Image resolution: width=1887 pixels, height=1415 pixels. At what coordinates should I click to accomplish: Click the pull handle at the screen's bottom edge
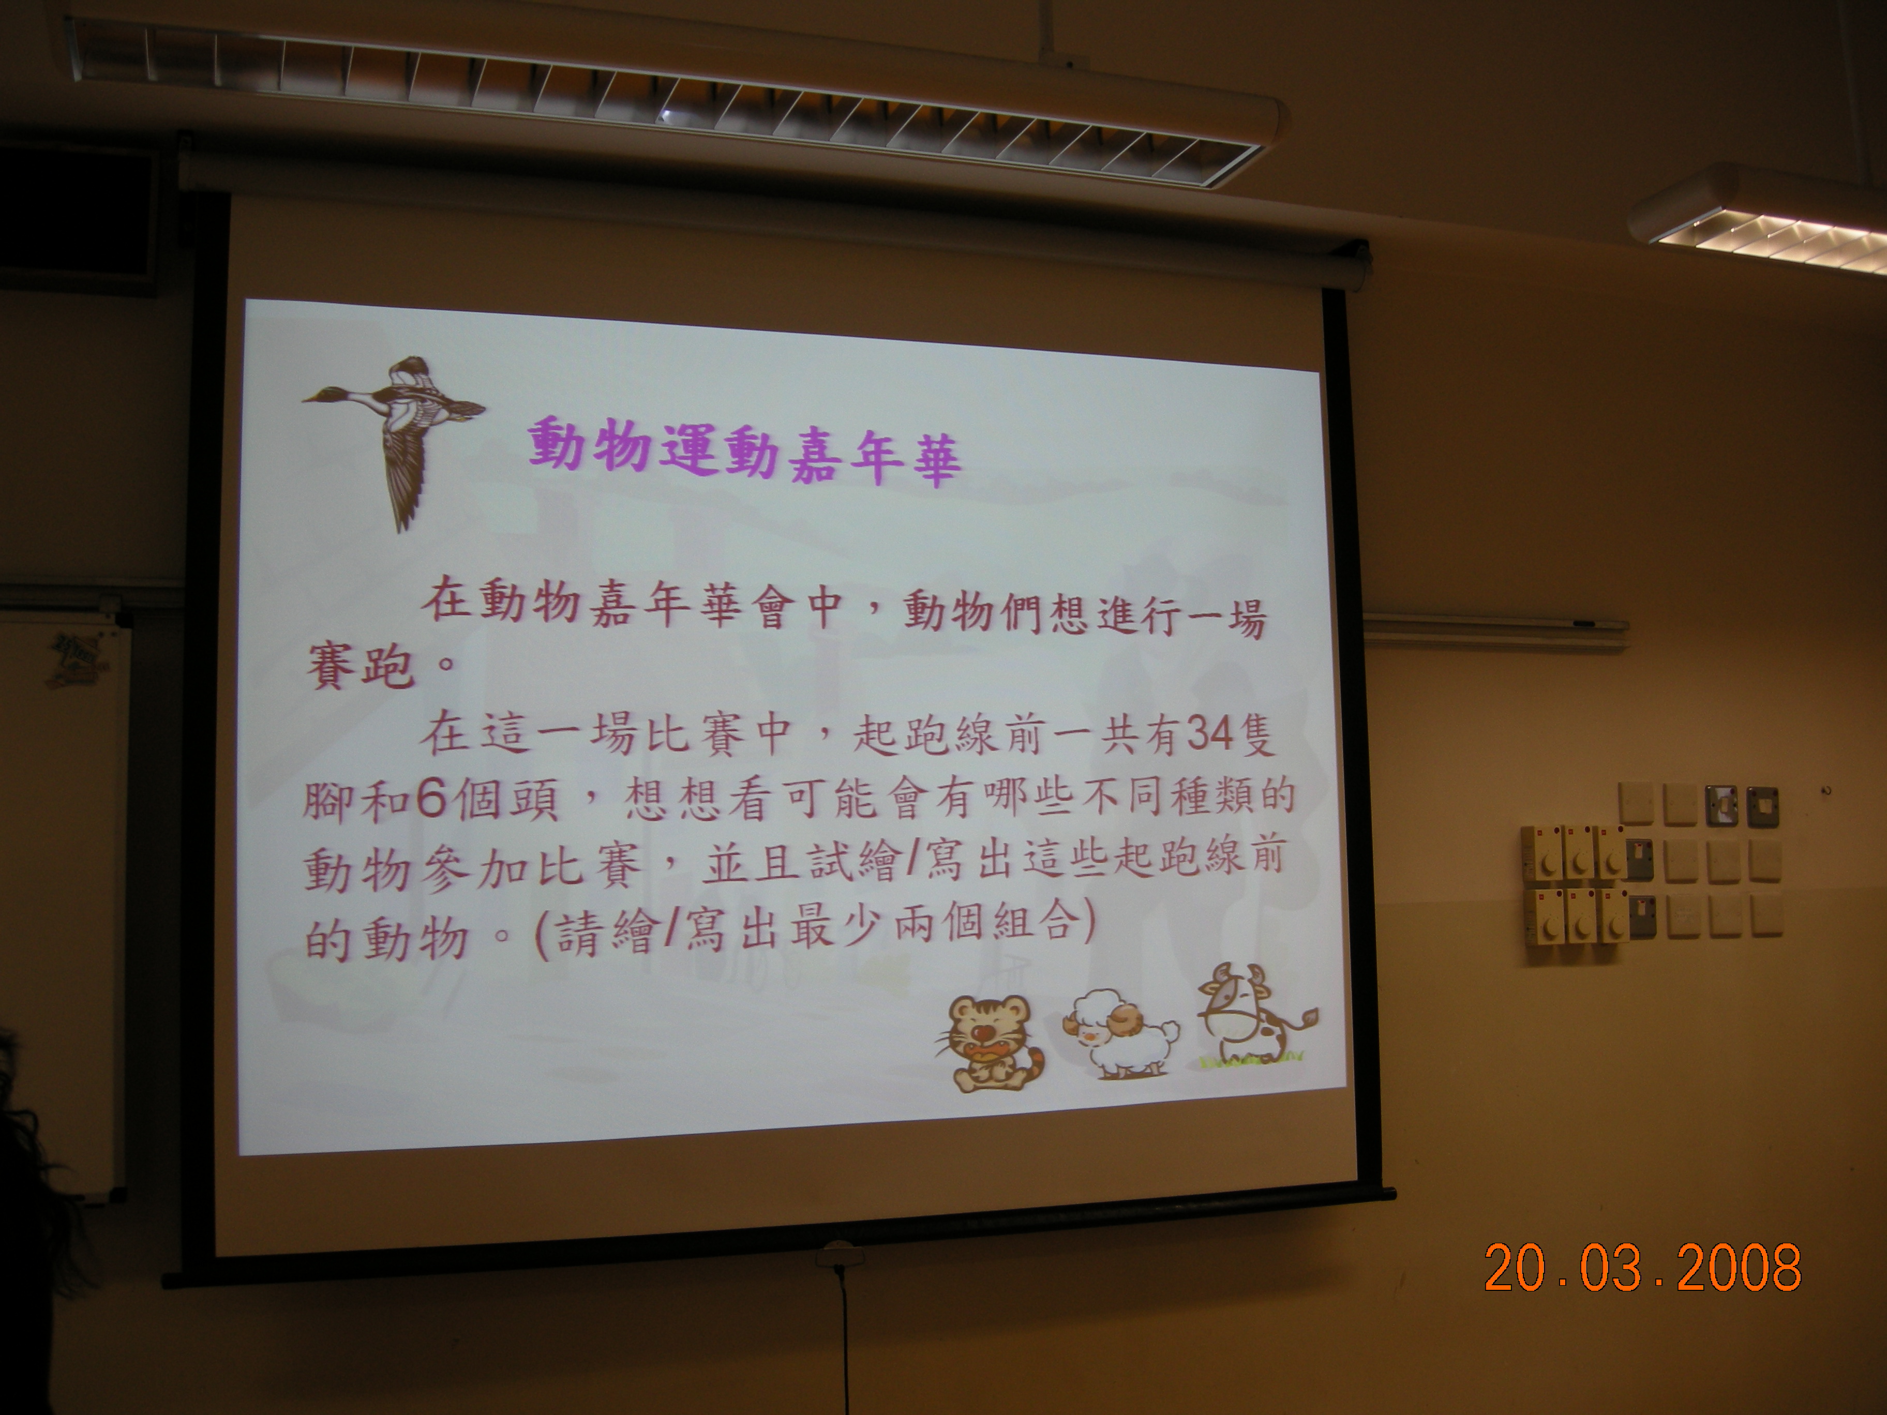pos(836,1256)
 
